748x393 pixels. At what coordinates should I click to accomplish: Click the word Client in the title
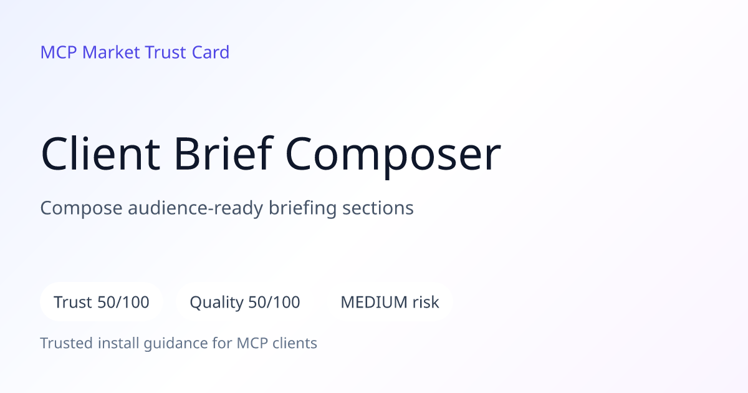[100, 153]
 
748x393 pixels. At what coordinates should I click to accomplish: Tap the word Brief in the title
[224, 153]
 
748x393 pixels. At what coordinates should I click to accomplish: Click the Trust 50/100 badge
[102, 302]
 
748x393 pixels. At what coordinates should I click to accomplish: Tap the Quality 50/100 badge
[245, 302]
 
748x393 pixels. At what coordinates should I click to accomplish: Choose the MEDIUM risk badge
[390, 302]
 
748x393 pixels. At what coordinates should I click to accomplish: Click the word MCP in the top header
[59, 52]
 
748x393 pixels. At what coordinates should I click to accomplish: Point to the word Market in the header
[111, 52]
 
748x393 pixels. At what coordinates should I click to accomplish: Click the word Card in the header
[211, 52]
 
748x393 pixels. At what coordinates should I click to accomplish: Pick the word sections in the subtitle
[378, 208]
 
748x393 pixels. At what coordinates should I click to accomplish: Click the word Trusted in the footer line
[67, 343]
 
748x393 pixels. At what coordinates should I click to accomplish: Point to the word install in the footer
[118, 343]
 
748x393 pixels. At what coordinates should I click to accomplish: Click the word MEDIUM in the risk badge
[374, 302]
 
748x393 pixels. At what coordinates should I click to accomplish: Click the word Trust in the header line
[165, 52]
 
